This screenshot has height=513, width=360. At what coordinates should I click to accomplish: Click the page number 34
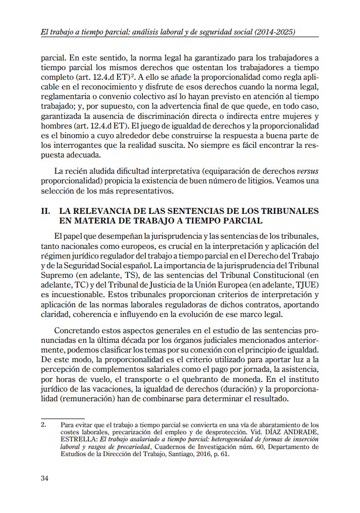tap(45, 478)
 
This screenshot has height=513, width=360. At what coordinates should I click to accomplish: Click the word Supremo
tap(57, 276)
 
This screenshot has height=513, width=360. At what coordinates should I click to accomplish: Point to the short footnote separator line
tap(55, 418)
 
